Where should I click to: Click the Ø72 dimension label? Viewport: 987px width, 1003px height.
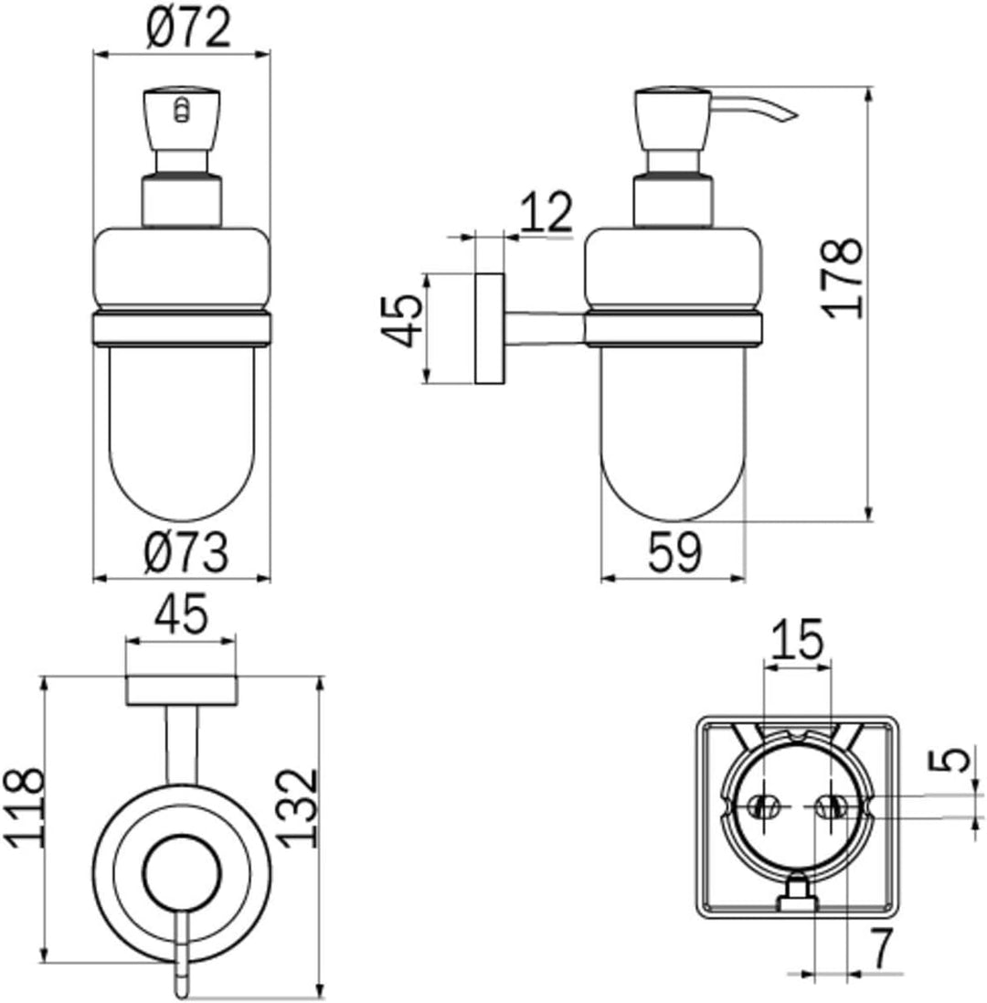(x=188, y=29)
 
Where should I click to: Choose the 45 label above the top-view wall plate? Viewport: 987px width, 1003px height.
(x=181, y=613)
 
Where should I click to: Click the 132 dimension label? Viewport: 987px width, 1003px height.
(x=299, y=808)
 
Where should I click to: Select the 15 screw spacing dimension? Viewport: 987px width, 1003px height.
(x=797, y=639)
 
